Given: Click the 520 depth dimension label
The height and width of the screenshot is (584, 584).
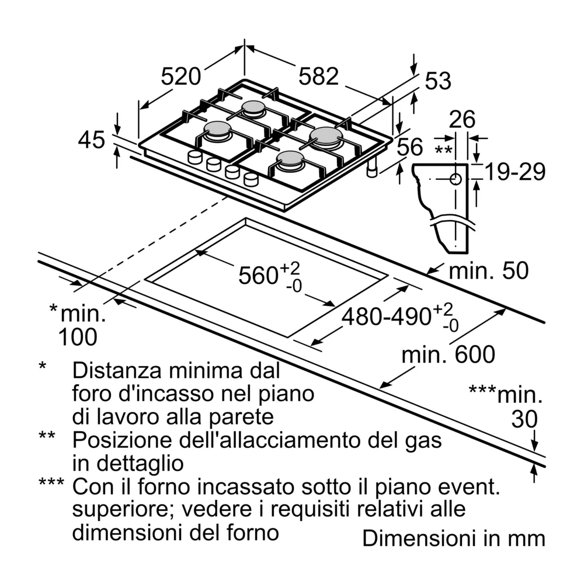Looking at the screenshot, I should [x=181, y=77].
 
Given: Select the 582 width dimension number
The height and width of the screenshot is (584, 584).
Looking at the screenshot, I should [x=319, y=77].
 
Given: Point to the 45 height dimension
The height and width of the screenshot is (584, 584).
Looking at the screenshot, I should [x=91, y=140].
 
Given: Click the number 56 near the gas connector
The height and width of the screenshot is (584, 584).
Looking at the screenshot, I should [x=409, y=147].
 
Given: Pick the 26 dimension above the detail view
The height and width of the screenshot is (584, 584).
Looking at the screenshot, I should [x=463, y=120].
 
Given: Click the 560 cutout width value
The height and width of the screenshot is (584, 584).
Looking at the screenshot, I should [x=257, y=275].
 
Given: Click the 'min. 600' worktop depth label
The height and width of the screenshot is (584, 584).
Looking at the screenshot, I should [x=449, y=354].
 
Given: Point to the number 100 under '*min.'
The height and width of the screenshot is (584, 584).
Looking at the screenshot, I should [x=78, y=337].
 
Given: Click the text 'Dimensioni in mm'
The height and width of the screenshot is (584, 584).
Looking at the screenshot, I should [x=453, y=538].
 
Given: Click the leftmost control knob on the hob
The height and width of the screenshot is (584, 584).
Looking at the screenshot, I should [x=194, y=157].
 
